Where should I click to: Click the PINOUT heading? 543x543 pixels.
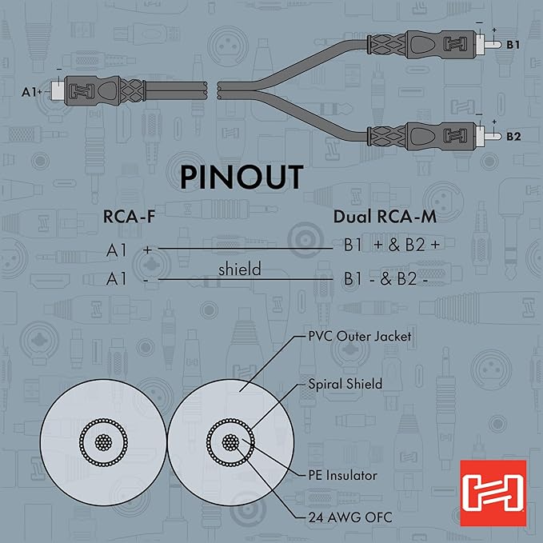[x=241, y=177]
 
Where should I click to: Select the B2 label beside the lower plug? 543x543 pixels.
[x=514, y=136]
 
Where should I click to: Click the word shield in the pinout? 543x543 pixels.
[x=239, y=270]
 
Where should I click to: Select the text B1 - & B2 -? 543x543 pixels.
[x=386, y=279]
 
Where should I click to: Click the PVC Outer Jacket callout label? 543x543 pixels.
[x=360, y=337]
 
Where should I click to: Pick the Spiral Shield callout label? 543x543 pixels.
[x=345, y=384]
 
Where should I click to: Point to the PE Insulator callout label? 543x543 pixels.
[x=343, y=475]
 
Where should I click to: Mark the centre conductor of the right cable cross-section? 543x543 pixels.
[x=230, y=441]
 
